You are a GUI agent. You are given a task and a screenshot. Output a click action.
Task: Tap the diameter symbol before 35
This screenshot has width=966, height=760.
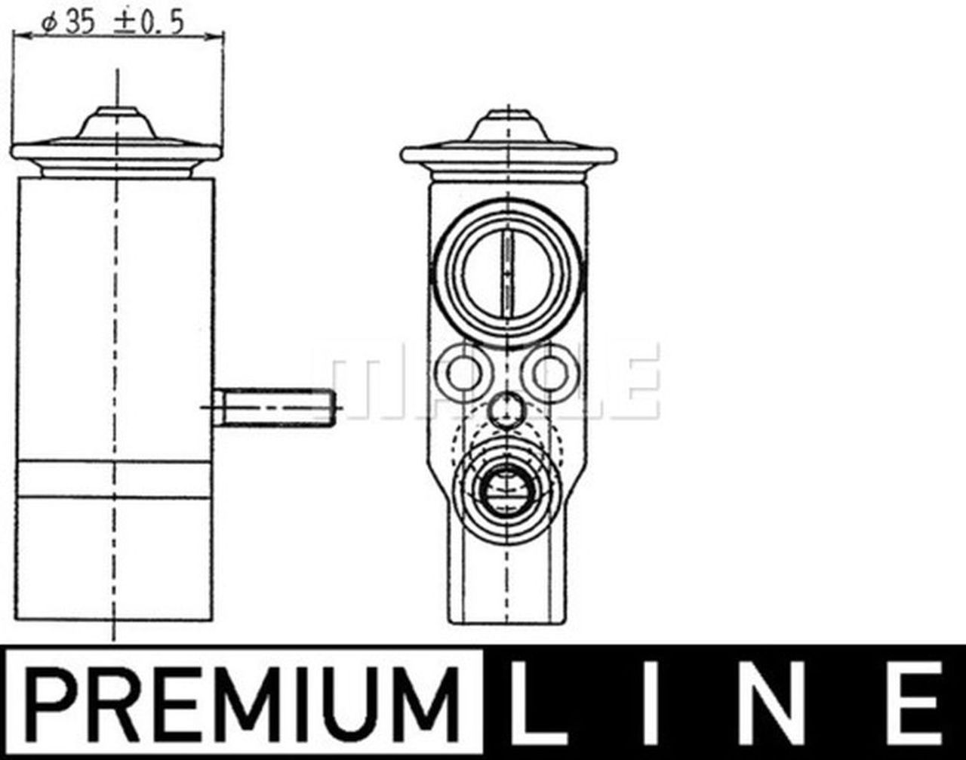tap(49, 24)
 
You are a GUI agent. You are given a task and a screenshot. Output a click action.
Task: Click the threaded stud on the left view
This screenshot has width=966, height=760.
tap(275, 408)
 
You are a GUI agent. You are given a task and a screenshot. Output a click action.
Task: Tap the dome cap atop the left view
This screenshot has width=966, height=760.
tap(117, 123)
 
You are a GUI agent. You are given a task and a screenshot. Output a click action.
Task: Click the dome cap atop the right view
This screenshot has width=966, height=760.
tap(508, 125)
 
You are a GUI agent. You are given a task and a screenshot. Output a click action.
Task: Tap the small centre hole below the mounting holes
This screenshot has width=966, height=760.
tap(506, 410)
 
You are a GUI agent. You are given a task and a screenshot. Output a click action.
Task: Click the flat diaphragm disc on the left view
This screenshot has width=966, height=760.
tap(115, 152)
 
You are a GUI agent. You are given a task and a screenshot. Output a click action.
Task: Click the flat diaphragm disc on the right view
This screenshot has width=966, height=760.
tap(508, 155)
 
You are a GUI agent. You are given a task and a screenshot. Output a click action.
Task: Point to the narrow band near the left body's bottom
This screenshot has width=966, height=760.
tap(115, 480)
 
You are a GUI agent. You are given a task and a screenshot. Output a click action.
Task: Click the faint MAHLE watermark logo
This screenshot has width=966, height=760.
tap(494, 381)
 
